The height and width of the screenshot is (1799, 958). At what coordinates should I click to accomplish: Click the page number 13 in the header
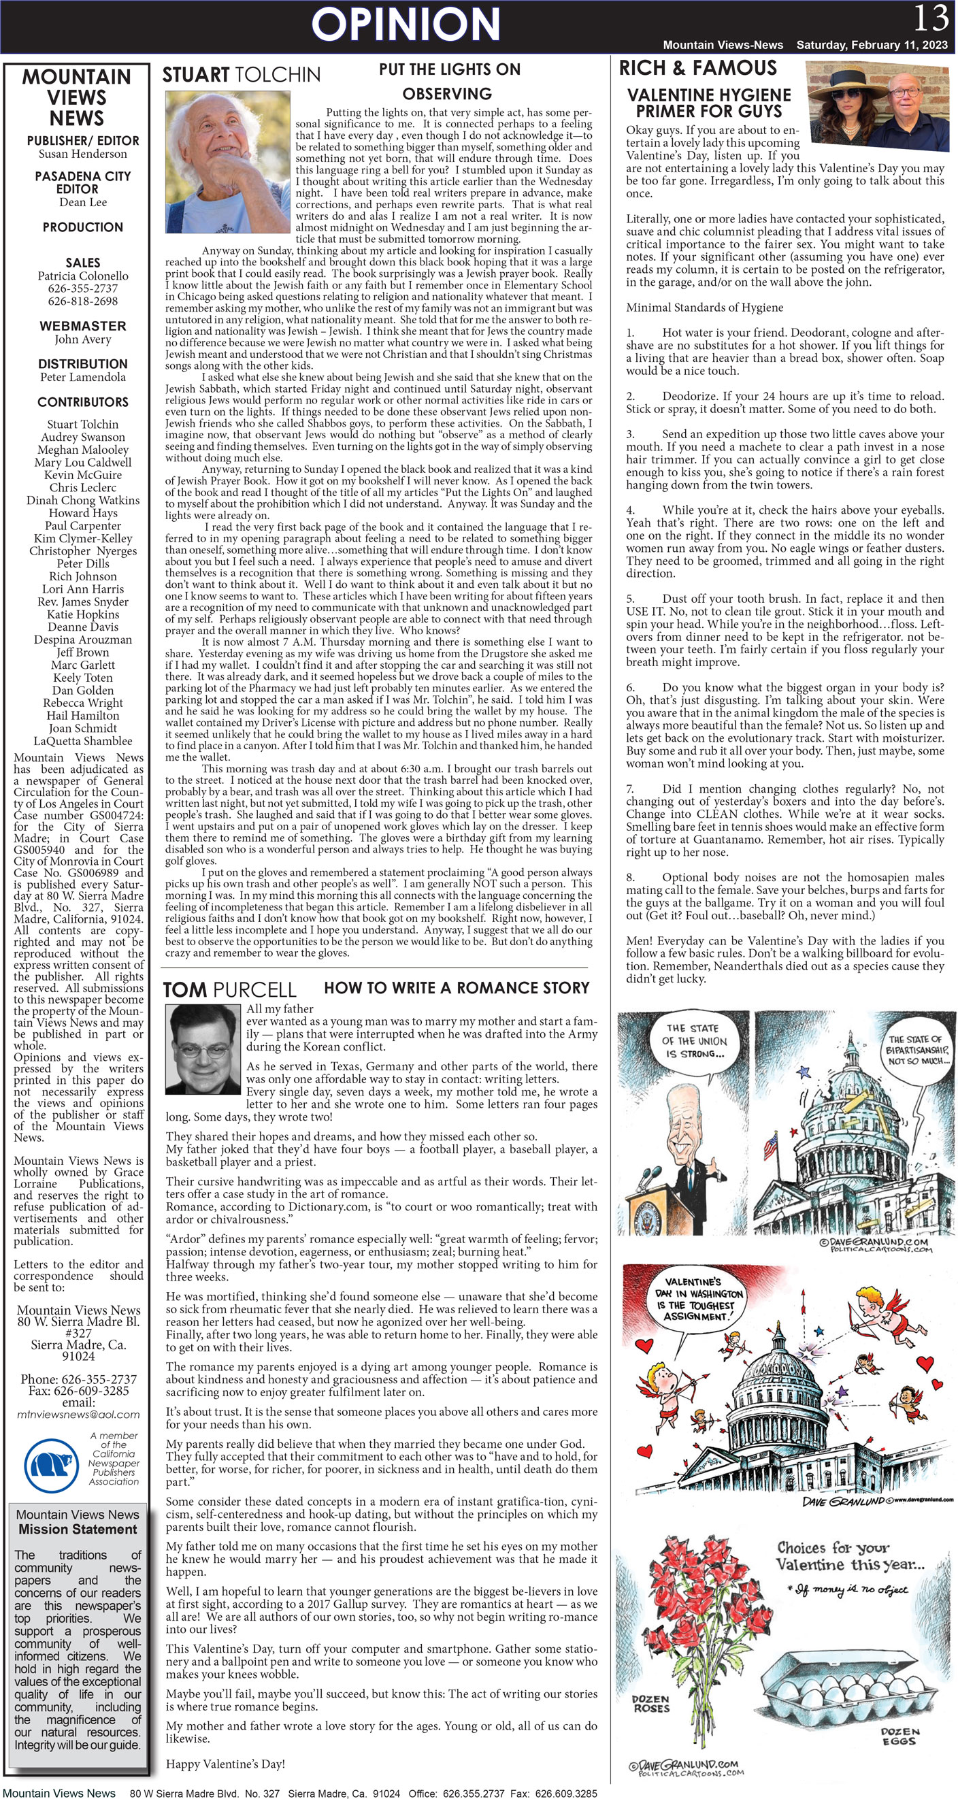point(931,18)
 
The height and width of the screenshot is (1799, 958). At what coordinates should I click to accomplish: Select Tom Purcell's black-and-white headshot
point(203,1049)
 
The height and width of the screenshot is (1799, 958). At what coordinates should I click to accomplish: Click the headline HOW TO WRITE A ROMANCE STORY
point(457,987)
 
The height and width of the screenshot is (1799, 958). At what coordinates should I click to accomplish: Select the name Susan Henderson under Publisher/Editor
point(82,154)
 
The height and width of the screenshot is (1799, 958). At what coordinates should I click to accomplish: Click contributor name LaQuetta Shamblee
point(82,741)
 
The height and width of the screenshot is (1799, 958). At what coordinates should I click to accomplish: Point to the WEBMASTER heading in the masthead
point(82,326)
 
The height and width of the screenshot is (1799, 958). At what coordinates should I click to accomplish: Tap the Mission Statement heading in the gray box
point(78,1529)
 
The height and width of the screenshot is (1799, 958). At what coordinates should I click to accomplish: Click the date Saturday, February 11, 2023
point(872,45)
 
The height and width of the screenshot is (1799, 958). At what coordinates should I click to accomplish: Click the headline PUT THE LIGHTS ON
point(449,69)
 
